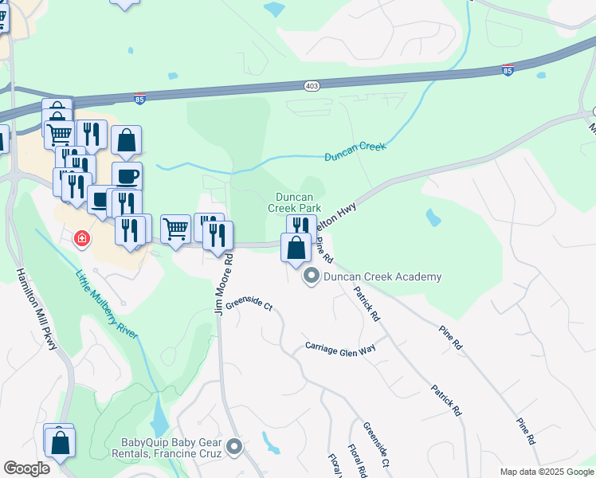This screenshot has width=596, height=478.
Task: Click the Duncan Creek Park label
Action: tap(299, 202)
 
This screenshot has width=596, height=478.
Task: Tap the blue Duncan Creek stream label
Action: tap(355, 151)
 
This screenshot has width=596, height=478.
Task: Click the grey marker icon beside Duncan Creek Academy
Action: tap(311, 277)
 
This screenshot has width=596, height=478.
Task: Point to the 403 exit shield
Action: tap(312, 85)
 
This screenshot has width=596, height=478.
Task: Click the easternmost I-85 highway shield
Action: tap(508, 70)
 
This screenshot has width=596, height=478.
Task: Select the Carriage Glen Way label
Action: tap(340, 347)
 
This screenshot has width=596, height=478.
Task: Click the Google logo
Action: tap(26, 468)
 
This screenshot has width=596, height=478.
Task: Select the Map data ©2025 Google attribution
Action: tap(546, 472)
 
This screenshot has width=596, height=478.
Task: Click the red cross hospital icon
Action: tap(81, 238)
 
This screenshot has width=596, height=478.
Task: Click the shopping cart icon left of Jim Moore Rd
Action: tap(175, 229)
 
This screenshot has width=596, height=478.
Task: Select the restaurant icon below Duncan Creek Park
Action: tap(301, 225)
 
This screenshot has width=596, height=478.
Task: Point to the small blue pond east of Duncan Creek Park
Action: tap(433, 217)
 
